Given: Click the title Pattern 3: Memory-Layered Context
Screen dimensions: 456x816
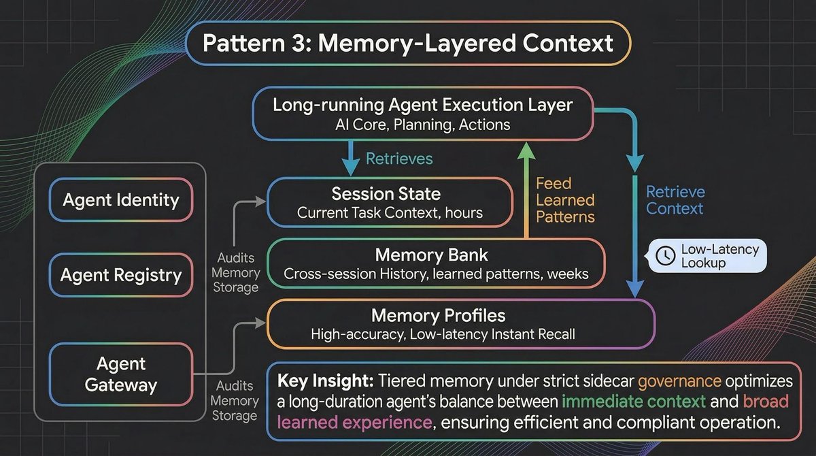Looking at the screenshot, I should [x=407, y=44].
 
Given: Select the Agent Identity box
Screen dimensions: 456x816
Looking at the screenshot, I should [x=121, y=200].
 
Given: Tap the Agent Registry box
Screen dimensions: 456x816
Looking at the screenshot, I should [x=121, y=275].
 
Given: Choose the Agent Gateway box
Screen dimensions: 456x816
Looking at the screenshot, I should [x=121, y=374].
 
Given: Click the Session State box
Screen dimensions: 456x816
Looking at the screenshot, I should [x=390, y=202].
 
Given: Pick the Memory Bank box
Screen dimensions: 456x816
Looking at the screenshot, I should [x=436, y=265].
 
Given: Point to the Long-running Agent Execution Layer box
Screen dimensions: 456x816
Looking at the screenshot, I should [x=422, y=115].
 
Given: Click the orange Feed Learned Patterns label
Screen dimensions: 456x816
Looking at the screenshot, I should [x=565, y=200].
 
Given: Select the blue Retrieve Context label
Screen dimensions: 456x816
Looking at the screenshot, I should [x=675, y=200].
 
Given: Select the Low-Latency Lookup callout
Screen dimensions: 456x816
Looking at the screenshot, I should [x=708, y=255].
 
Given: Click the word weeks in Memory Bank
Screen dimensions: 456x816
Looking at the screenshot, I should [x=571, y=275].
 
